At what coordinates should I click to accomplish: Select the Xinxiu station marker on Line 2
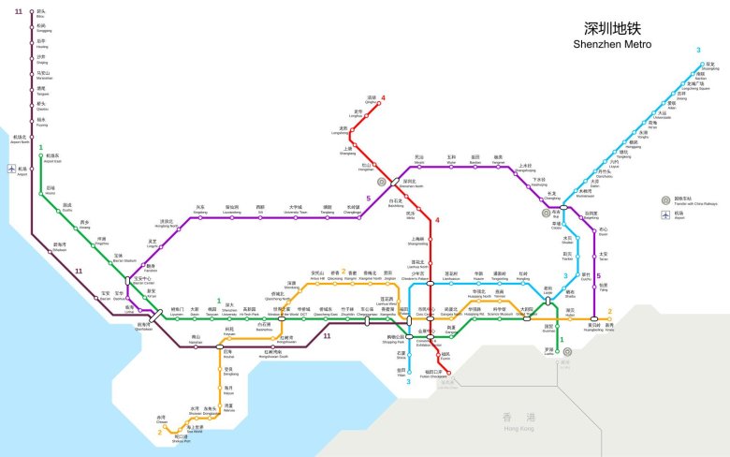click(609, 319)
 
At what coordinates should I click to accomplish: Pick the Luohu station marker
click(560, 351)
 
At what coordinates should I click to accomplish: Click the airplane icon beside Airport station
click(9, 170)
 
